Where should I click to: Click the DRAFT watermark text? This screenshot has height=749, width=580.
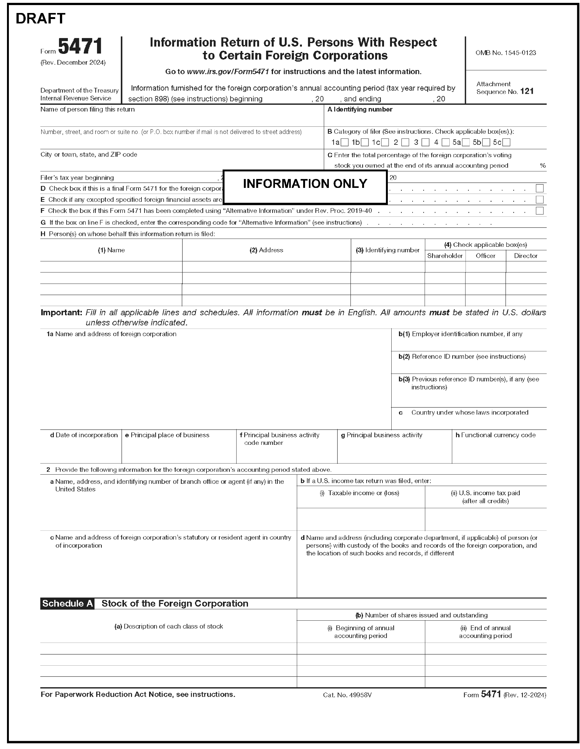pos(41,18)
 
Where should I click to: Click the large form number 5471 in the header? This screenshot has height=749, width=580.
pos(80,46)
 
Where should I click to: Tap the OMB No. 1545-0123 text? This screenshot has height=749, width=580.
pos(505,53)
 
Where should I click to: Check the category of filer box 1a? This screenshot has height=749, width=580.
pos(345,142)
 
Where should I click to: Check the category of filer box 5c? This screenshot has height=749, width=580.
pos(506,142)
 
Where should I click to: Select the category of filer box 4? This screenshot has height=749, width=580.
pos(446,142)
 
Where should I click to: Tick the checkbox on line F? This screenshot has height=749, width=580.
pos(539,211)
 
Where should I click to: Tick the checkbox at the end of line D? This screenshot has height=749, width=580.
pos(539,188)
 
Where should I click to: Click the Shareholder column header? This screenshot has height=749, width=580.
pos(445,256)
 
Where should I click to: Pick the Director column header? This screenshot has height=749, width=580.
pos(525,256)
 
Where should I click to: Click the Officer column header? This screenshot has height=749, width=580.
pos(485,256)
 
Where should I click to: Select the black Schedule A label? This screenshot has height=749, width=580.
pos(67,604)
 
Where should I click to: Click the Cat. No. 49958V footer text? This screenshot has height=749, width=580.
pos(347,695)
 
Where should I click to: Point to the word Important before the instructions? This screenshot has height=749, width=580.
pos(61,313)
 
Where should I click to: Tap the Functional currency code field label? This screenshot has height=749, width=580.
pos(498,435)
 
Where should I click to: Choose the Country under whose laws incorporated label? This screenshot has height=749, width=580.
pos(470,413)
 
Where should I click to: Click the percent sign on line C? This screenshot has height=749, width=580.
pos(542,166)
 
